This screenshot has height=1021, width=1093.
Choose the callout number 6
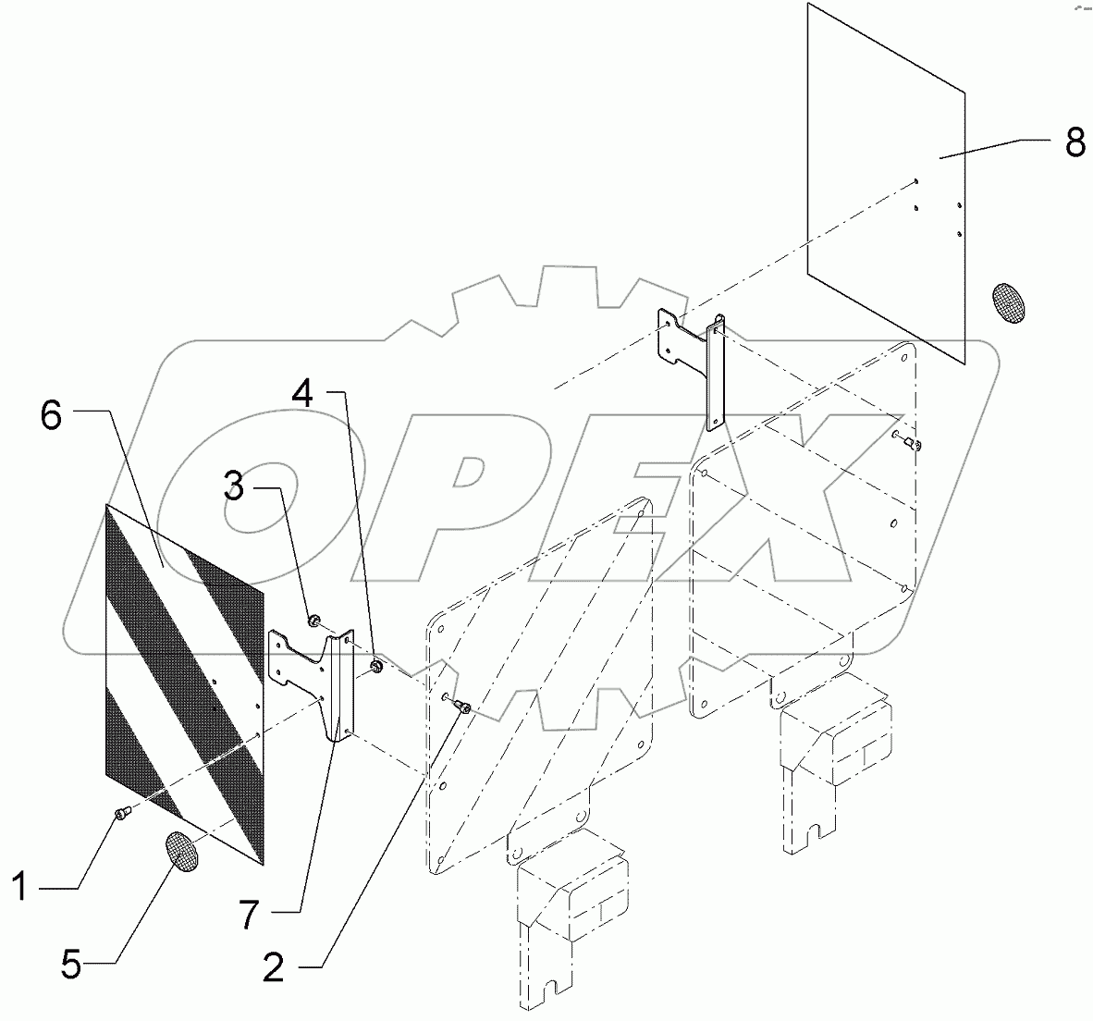(x=52, y=416)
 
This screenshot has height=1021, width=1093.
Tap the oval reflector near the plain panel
(x=1009, y=303)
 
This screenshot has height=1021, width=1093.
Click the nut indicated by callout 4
(x=376, y=667)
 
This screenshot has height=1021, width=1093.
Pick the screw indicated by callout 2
(x=463, y=707)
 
